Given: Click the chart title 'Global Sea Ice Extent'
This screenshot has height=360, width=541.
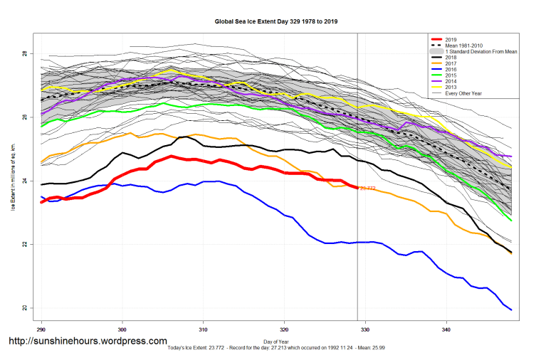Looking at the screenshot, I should tap(276, 21).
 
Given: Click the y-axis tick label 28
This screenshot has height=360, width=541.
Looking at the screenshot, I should tap(23, 54).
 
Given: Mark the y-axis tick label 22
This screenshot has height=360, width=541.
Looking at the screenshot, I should tap(23, 245).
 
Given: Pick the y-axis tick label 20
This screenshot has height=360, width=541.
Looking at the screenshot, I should tap(23, 308).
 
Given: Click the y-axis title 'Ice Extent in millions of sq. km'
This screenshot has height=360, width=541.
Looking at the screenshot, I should tap(12, 181).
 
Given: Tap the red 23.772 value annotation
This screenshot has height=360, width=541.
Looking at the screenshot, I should tap(368, 189).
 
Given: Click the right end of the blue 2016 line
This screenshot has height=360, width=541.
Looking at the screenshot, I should tap(511, 309).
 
